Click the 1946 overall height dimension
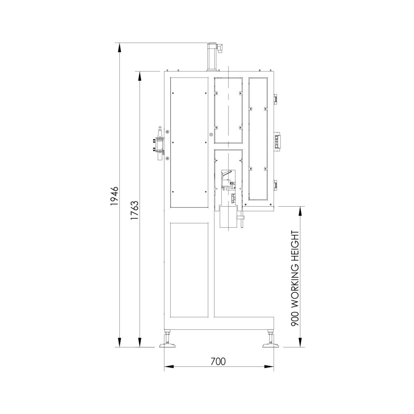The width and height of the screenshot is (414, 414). tap(114, 196)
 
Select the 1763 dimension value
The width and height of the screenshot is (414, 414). tap(134, 210)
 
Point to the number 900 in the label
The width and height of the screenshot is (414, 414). tap(295, 319)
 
